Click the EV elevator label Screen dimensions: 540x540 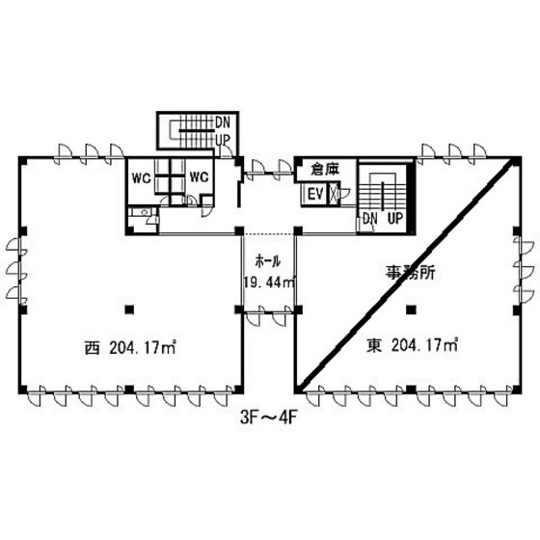315,194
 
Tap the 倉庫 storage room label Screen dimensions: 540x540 325,169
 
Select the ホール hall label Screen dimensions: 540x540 268,261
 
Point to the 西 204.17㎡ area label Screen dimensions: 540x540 130,348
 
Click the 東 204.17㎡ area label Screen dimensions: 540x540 412,345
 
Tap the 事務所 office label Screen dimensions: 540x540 411,273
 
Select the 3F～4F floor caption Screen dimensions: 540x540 268,418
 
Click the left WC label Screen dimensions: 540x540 142,178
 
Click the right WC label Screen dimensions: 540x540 199,177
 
